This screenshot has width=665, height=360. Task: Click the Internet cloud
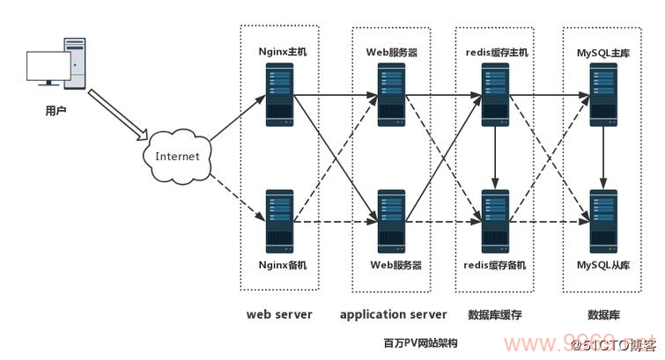tap(177, 157)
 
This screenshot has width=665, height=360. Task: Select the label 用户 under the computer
tap(55, 112)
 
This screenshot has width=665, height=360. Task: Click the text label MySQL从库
tap(602, 264)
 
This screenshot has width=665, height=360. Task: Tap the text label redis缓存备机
tap(495, 264)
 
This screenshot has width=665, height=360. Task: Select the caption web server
tap(279, 314)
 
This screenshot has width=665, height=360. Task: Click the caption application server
tap(393, 314)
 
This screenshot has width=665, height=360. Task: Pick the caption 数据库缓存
tap(496, 314)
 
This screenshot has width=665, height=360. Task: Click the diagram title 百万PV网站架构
tap(420, 342)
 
